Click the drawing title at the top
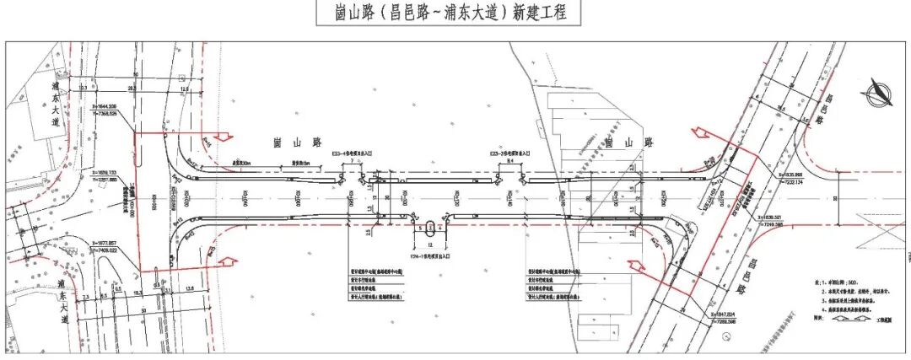click(x=447, y=14)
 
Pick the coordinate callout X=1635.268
click(x=794, y=175)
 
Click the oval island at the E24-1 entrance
click(x=432, y=226)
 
